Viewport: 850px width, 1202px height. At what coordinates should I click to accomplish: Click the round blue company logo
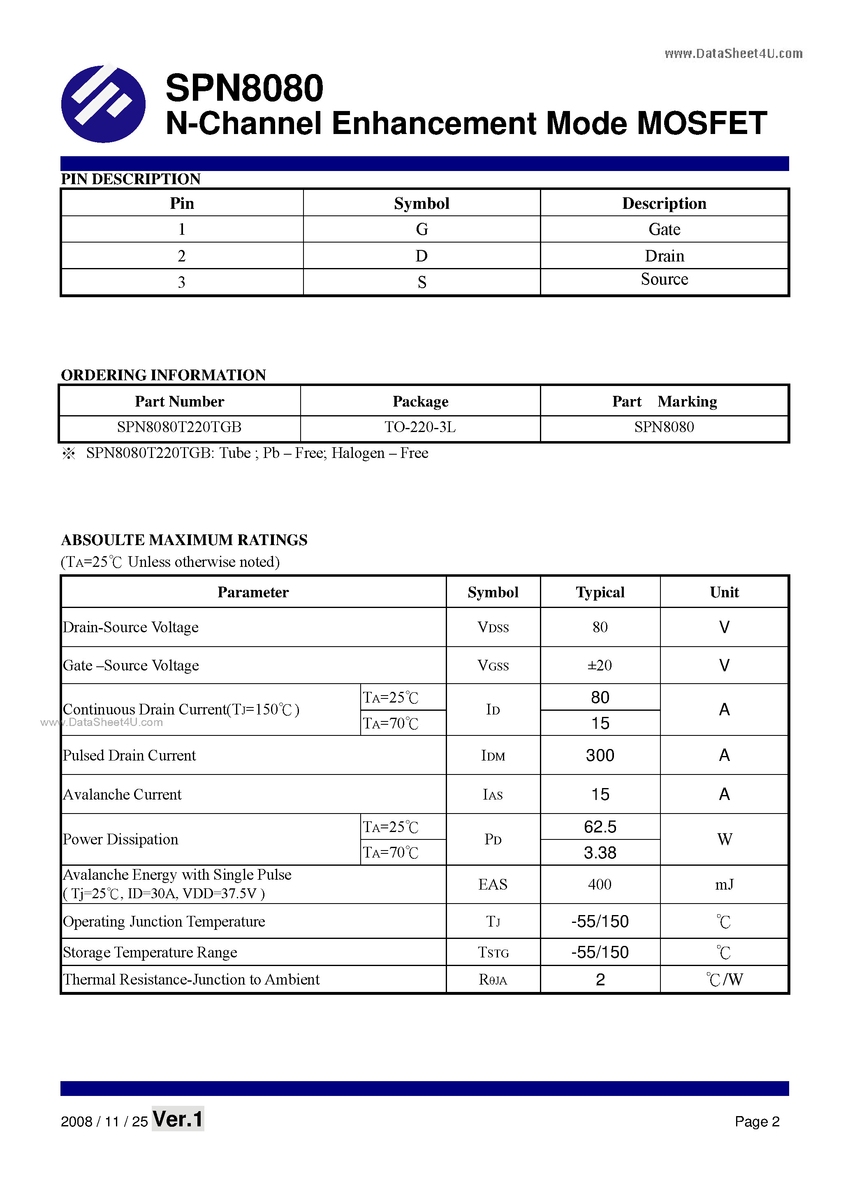pos(103,104)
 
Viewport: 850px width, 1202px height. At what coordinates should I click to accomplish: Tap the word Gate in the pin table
pos(664,229)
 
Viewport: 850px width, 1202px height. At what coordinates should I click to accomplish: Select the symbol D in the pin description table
pos(421,256)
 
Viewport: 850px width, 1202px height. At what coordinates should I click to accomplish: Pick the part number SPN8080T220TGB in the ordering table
pos(179,427)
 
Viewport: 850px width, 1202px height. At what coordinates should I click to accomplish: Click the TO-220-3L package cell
pos(420,427)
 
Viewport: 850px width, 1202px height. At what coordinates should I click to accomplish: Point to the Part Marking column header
pos(664,402)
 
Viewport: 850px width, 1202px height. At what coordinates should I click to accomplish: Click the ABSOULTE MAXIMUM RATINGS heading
pos(184,540)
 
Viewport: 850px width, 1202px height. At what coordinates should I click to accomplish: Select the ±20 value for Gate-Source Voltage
pos(600,666)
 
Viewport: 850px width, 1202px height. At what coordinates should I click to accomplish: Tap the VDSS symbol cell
pos(493,627)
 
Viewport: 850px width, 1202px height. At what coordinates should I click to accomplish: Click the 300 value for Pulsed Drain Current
pos(600,756)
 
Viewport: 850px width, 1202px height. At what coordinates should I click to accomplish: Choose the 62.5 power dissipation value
pos(600,827)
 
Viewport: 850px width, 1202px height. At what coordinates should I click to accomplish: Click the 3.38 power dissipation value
pos(600,853)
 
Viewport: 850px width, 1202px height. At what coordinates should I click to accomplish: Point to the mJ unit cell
pos(724,885)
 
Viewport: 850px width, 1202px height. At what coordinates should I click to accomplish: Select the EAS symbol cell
pos(492,885)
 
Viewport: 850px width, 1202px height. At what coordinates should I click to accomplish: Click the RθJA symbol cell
pos(492,980)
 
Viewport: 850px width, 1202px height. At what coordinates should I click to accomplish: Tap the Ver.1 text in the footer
pos(178,1119)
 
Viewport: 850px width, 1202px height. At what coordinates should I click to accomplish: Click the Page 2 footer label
pos(757,1121)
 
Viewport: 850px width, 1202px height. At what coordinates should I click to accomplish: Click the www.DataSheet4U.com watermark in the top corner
pos(733,53)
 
